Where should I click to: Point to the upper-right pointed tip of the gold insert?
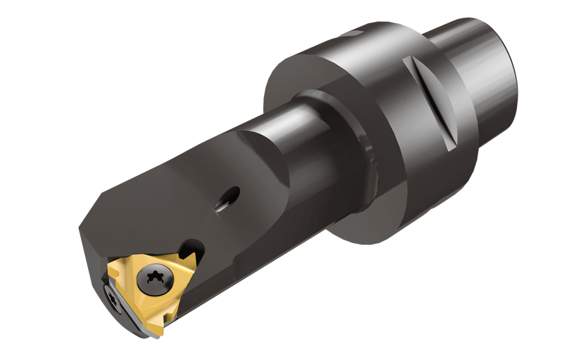pyautogui.click(x=194, y=253)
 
